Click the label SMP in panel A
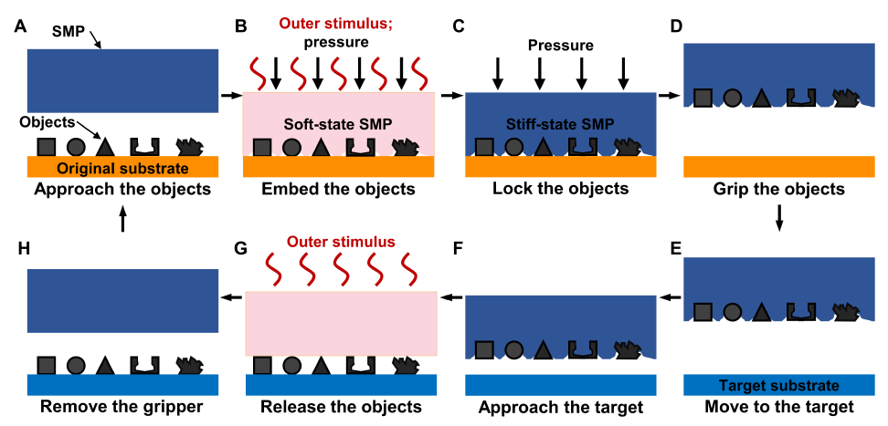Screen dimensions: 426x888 (69, 32)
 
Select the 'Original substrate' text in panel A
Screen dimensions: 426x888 (122, 169)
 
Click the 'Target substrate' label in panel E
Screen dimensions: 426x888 (778, 386)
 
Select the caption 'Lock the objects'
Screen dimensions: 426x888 (560, 190)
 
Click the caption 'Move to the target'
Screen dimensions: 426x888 (778, 407)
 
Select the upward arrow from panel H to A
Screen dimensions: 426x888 (122, 219)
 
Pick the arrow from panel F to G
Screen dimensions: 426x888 (450, 296)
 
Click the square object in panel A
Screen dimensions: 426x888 (47, 147)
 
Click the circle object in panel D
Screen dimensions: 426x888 (731, 99)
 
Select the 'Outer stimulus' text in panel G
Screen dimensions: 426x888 (341, 243)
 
